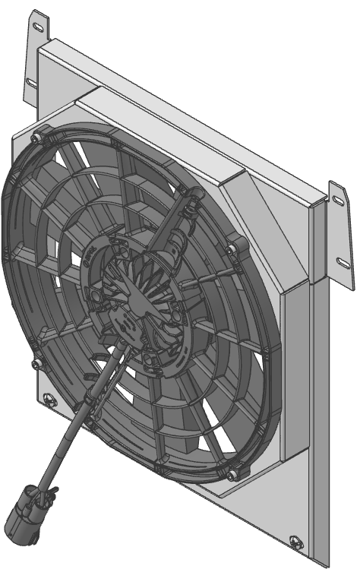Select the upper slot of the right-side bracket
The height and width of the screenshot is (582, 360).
(338, 200)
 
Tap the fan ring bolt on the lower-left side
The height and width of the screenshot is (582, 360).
(36, 365)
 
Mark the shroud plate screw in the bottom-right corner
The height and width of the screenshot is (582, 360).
(296, 542)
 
